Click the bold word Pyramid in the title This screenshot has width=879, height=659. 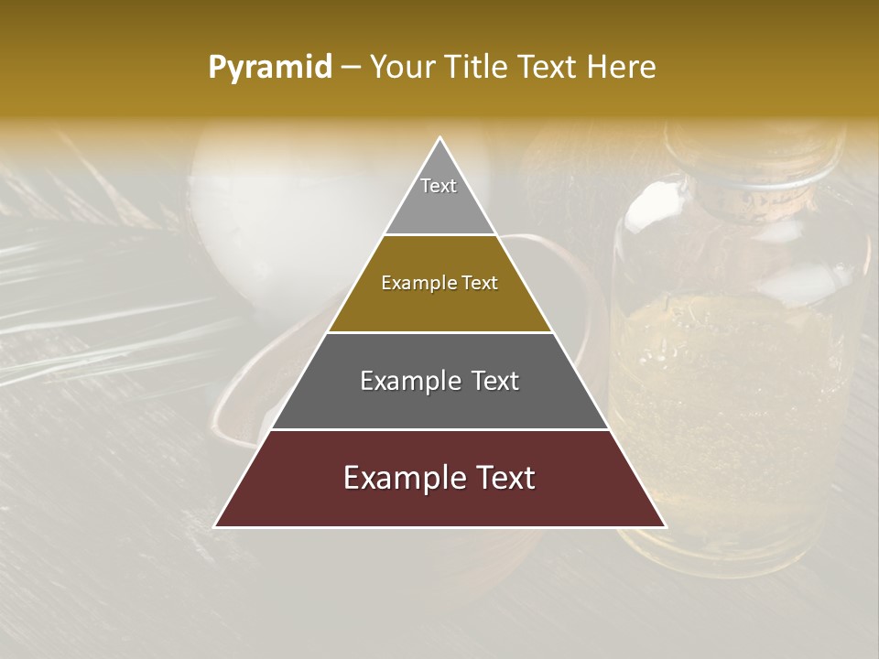tap(269, 68)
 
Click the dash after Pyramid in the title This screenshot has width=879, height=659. tap(350, 68)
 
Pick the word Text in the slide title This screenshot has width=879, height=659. tap(549, 68)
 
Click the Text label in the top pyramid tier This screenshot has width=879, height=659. tap(439, 186)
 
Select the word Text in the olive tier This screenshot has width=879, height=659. tap(480, 283)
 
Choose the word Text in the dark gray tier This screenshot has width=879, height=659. tap(489, 381)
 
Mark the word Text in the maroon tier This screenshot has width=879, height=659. tap(503, 478)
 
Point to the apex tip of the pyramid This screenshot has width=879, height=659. tap(440, 139)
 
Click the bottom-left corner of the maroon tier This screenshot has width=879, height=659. tap(216, 526)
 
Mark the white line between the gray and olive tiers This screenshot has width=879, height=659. tap(440, 235)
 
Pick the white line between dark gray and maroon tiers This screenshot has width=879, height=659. tap(440, 429)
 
